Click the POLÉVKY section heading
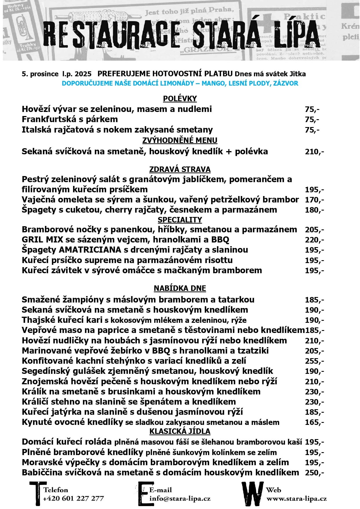click(180, 99)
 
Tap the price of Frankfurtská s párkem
click(312, 119)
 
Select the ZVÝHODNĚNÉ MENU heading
click(180, 140)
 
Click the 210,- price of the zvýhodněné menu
click(314, 152)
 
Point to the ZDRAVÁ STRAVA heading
click(180, 169)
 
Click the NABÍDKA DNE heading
click(180, 288)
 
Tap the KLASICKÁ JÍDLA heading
click(180, 431)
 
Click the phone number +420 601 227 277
click(73, 499)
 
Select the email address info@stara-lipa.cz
click(180, 499)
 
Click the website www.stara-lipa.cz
click(296, 499)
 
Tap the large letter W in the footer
click(253, 494)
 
